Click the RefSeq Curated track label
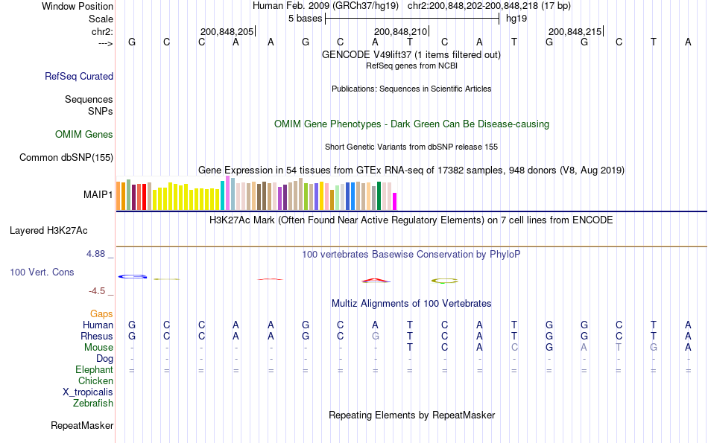[79, 76]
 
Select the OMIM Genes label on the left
[84, 135]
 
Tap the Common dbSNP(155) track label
[66, 157]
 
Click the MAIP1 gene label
[98, 195]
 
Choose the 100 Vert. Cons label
[42, 273]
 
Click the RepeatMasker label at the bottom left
[82, 426]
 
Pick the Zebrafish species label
[93, 404]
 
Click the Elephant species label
[94, 370]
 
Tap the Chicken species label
[95, 381]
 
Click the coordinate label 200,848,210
[401, 31]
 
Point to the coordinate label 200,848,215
[575, 31]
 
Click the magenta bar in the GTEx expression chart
[395, 202]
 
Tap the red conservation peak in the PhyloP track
[376, 281]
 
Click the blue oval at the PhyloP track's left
[133, 276]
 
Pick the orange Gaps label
[101, 314]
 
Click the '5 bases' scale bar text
[305, 18]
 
